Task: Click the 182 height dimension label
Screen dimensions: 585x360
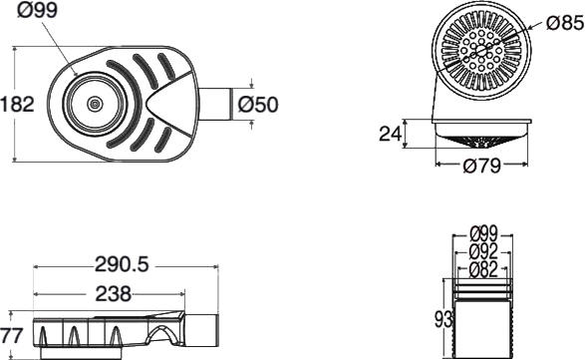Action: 17,104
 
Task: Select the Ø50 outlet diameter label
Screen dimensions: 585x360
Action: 258,104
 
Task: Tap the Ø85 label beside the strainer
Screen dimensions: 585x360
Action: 565,23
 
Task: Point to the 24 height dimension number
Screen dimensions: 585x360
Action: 391,134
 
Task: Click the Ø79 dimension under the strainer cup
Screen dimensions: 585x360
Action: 481,165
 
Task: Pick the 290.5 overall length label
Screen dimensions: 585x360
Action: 122,265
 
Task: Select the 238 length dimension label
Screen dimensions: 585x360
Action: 114,293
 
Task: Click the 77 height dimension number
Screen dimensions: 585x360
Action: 12,335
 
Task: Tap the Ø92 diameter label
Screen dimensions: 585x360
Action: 483,252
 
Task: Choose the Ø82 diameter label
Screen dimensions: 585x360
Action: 483,269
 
